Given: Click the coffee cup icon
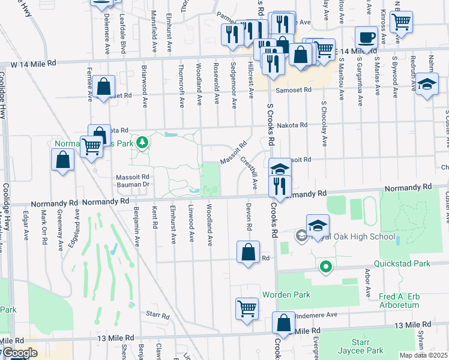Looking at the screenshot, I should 366,38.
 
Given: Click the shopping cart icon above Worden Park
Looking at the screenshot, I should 247,309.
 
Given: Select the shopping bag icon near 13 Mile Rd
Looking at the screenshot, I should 283,323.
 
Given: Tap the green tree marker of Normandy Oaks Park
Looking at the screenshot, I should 142,143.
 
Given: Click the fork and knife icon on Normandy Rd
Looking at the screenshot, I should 280,188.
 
